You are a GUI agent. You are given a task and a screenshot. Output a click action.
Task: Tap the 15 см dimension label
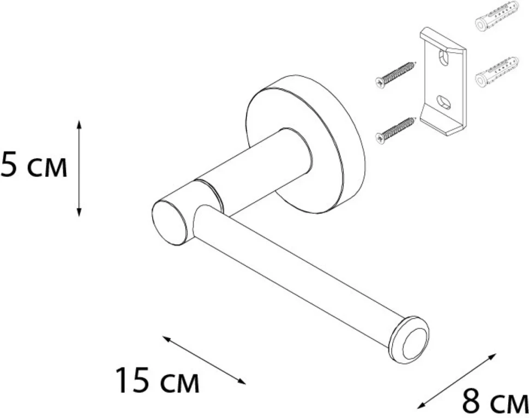[158, 380]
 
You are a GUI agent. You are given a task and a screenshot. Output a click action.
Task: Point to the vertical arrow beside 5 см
[79, 168]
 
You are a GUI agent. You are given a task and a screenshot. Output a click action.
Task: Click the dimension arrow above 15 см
[204, 360]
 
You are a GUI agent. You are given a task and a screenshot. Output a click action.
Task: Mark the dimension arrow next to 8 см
[457, 381]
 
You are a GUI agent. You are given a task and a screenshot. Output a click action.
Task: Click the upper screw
[395, 74]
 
